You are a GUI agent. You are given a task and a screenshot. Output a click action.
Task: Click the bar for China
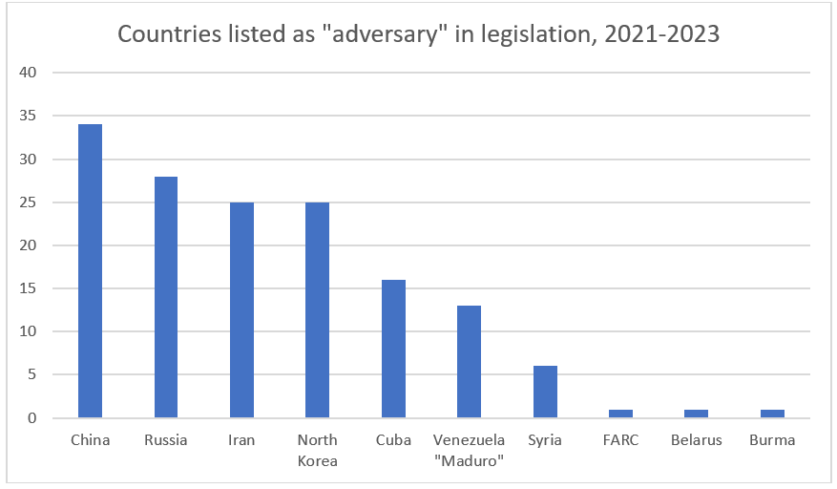tap(90, 271)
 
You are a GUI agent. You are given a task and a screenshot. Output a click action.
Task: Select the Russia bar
tap(165, 297)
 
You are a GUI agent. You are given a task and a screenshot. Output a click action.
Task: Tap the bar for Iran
tap(241, 310)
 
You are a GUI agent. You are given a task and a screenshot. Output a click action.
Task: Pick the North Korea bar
tap(317, 310)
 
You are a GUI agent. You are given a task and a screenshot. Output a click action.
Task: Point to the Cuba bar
tap(393, 349)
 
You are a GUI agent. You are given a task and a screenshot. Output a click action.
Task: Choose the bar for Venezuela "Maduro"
tap(469, 362)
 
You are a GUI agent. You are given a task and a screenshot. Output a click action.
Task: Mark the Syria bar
tap(545, 392)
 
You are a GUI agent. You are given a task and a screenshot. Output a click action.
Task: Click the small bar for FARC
tap(620, 414)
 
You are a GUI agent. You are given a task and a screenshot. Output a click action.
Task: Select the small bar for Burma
tap(772, 414)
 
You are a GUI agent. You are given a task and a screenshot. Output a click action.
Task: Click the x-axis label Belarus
tap(696, 440)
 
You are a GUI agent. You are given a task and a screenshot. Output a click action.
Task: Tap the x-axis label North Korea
tap(317, 450)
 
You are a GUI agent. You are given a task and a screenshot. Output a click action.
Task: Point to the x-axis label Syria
tap(545, 440)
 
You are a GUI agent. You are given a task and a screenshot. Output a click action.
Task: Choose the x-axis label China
tap(90, 440)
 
